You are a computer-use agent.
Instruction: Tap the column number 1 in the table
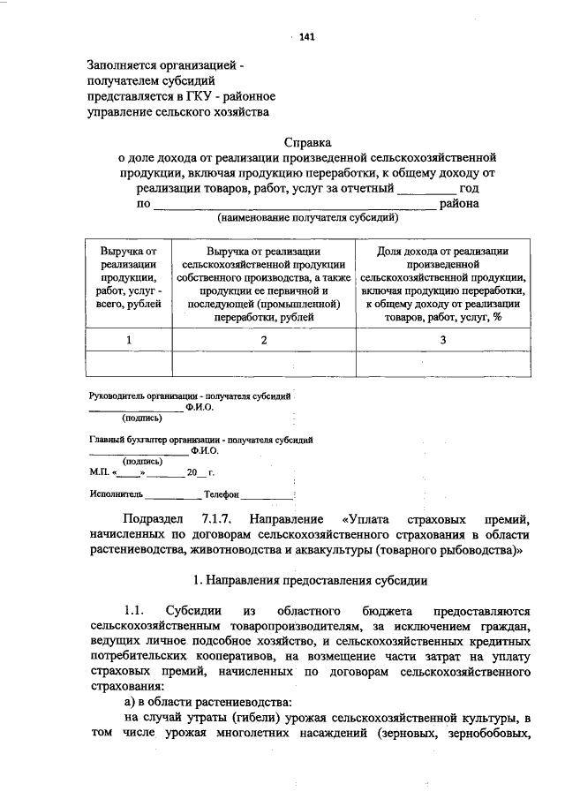pyautogui.click(x=129, y=340)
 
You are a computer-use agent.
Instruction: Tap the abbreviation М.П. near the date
pyautogui.click(x=99, y=473)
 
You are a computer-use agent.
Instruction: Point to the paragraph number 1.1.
pyautogui.click(x=133, y=611)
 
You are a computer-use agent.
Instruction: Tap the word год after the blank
pyautogui.click(x=469, y=188)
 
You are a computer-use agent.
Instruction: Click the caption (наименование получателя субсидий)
pyautogui.click(x=308, y=217)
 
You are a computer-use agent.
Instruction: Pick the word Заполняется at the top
pyautogui.click(x=124, y=64)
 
